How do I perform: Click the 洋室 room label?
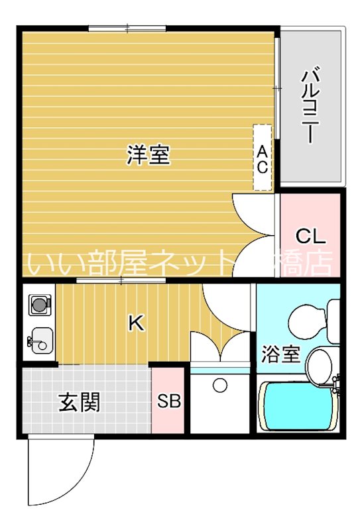coord(149,156)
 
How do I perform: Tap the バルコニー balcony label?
coord(309,106)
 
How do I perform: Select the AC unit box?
coord(263,158)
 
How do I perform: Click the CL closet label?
coord(310,236)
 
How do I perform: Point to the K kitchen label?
coord(135,323)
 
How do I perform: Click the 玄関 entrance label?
coord(80,402)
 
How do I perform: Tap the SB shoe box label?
coord(169,402)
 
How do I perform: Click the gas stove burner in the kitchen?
coord(40,305)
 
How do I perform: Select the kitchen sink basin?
coord(40,339)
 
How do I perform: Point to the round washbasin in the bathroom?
coord(320,364)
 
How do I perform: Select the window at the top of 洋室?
coord(127,28)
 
